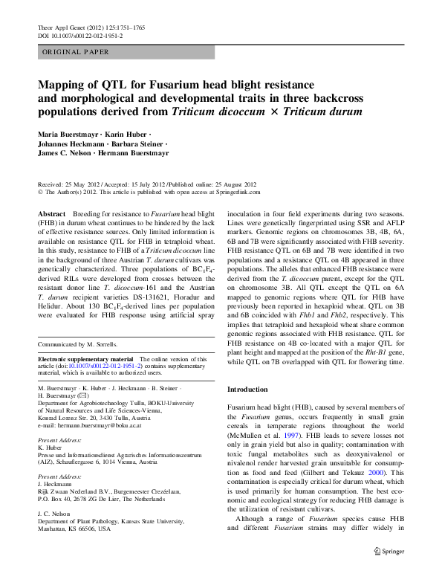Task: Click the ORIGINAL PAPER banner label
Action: (76, 52)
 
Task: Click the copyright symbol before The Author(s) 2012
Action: (40, 191)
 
